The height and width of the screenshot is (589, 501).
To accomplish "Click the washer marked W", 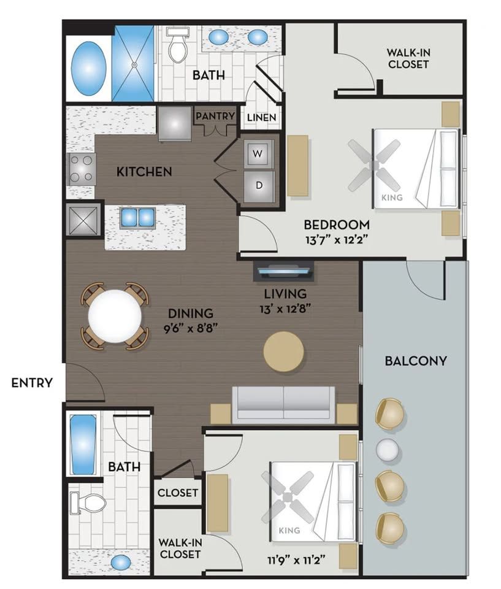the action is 258,153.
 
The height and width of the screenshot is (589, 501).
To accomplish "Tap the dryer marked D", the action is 258,185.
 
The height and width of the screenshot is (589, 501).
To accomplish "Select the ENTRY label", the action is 32,383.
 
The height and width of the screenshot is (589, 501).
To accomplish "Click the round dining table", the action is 115,317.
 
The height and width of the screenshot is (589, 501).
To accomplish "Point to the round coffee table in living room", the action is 283,352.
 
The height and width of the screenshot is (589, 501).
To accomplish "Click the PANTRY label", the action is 215,116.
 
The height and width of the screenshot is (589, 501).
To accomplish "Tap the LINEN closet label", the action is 262,118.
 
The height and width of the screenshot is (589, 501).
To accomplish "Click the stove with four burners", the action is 82,169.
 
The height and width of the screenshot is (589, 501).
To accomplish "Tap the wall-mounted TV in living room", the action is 283,271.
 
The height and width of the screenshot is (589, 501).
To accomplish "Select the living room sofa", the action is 283,404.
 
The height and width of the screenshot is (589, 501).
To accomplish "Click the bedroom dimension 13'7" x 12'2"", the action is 336,240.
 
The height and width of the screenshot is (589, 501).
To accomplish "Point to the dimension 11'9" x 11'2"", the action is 296,561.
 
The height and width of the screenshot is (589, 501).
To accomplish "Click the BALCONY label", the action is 416,361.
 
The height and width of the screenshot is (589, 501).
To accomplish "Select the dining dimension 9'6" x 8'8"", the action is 191,329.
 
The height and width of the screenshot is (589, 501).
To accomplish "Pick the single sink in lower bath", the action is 121,563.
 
